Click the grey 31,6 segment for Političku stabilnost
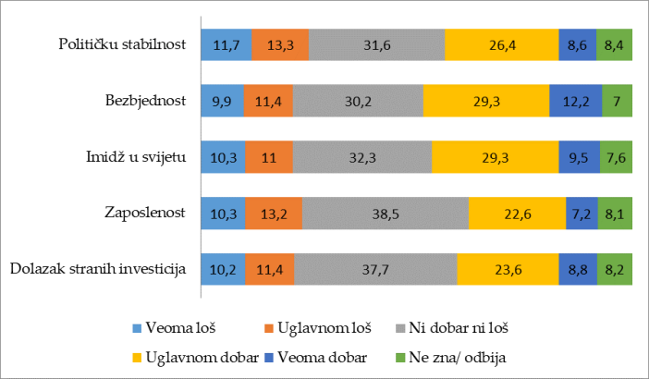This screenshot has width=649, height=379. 376,44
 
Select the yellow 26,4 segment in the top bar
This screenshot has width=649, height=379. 501,44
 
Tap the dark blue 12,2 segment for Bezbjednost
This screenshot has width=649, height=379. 575,100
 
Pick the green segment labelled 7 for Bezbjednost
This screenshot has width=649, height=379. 617,100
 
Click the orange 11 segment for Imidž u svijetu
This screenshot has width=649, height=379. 269,156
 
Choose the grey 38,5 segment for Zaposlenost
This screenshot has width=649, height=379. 385,213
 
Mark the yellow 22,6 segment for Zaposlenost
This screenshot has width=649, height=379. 517,213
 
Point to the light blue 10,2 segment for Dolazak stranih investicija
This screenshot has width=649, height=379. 223,269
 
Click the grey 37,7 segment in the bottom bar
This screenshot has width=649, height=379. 375,269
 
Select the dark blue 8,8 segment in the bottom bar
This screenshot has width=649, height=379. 577,269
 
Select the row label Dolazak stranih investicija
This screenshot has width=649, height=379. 98,269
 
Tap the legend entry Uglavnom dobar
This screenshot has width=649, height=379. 193,357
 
